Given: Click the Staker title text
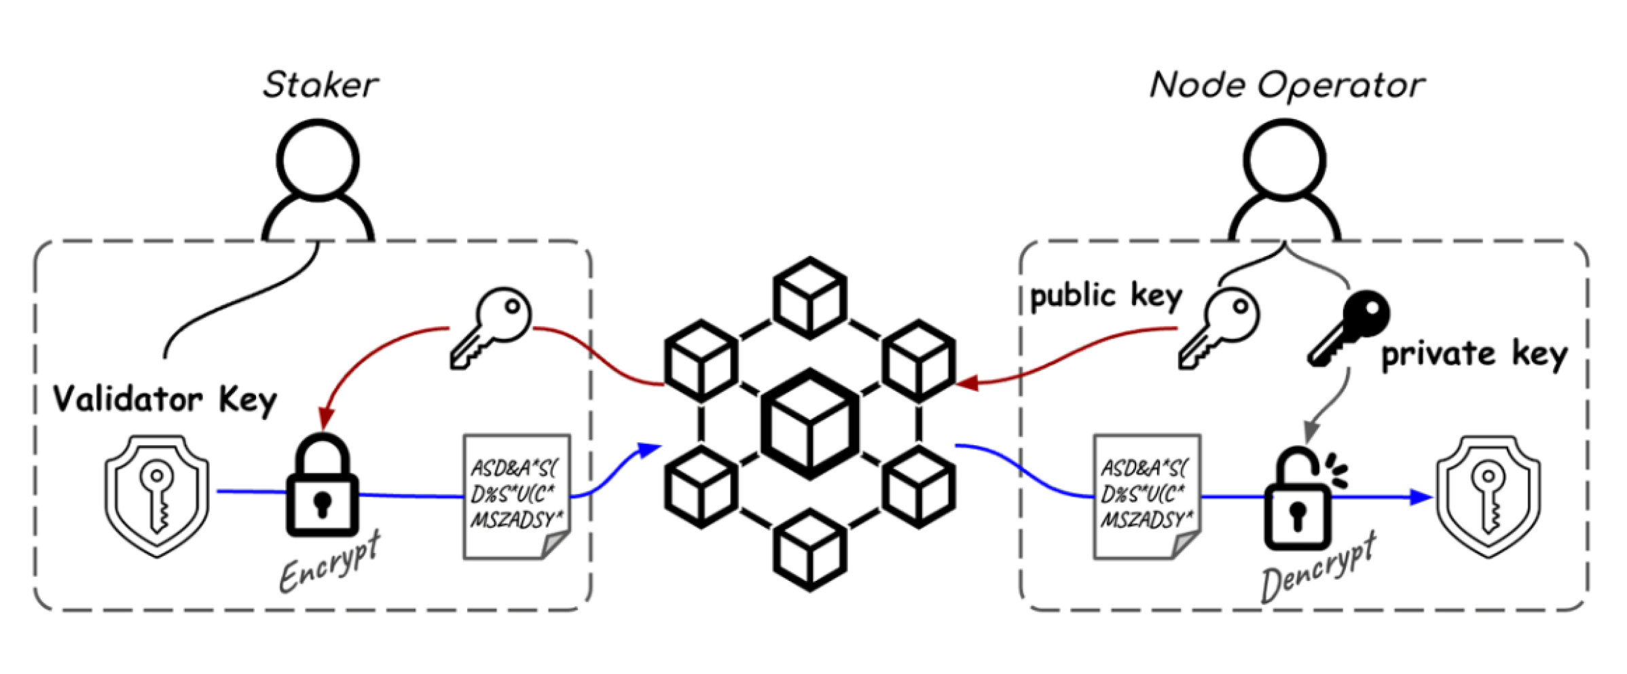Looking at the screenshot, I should pos(321,86).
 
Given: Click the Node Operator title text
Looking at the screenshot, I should pos(1287,86).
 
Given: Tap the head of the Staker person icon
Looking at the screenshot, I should pos(318,160).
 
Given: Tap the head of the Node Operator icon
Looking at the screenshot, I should pos(1285,160).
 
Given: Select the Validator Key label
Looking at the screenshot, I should pos(165,400).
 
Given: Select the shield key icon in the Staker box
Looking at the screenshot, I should pos(157,497).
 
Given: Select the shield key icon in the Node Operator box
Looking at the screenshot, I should pos(1488,497).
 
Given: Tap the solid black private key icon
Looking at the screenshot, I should pos(1348,329).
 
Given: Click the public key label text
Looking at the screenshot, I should pos(1106,297).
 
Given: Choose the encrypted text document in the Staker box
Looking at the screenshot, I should pos(517,497).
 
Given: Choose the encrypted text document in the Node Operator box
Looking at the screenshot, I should pos(1147,497).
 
